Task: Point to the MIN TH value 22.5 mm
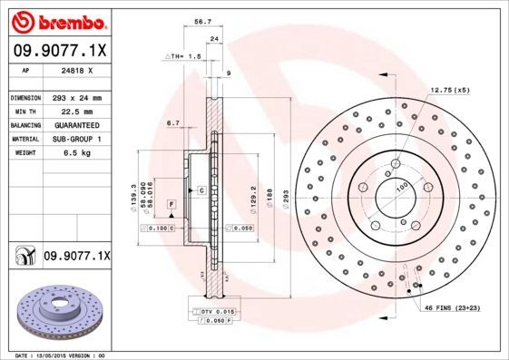click(74, 111)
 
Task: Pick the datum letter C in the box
click(201, 190)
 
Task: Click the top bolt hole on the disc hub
click(397, 164)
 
